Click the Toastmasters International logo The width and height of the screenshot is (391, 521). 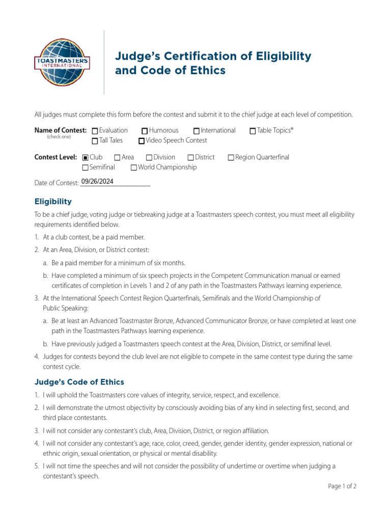click(x=61, y=63)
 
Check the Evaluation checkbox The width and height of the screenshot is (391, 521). click(x=95, y=131)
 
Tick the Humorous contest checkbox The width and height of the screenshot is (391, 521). click(x=145, y=131)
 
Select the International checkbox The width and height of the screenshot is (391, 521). click(x=197, y=131)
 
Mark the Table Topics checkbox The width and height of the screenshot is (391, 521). click(x=253, y=131)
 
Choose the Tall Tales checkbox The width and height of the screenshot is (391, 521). click(x=95, y=141)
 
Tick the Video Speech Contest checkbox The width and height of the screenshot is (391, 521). click(x=142, y=141)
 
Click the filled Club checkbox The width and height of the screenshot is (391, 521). click(x=85, y=158)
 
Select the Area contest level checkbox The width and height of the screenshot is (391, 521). click(x=117, y=158)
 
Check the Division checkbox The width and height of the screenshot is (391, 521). click(x=149, y=158)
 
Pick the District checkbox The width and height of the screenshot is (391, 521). click(x=190, y=158)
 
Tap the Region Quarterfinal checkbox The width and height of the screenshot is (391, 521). click(x=231, y=158)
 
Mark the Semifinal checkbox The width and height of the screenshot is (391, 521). click(x=85, y=168)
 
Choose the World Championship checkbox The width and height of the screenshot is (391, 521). click(x=133, y=168)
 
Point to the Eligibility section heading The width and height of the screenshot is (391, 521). click(x=53, y=201)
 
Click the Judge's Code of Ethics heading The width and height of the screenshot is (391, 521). click(x=79, y=382)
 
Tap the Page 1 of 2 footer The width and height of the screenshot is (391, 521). click(x=342, y=486)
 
